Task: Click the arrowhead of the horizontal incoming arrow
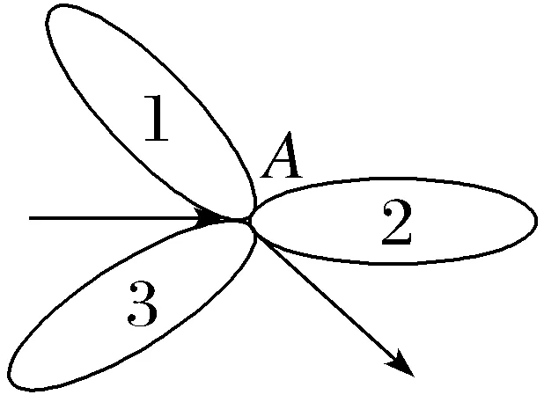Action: click(216, 216)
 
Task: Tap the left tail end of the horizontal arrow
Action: click(31, 216)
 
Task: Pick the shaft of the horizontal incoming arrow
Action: click(114, 216)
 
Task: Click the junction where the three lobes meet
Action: click(250, 220)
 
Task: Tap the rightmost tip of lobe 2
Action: click(536, 219)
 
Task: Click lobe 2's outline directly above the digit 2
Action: click(396, 179)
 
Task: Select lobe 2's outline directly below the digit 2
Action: click(396, 261)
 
